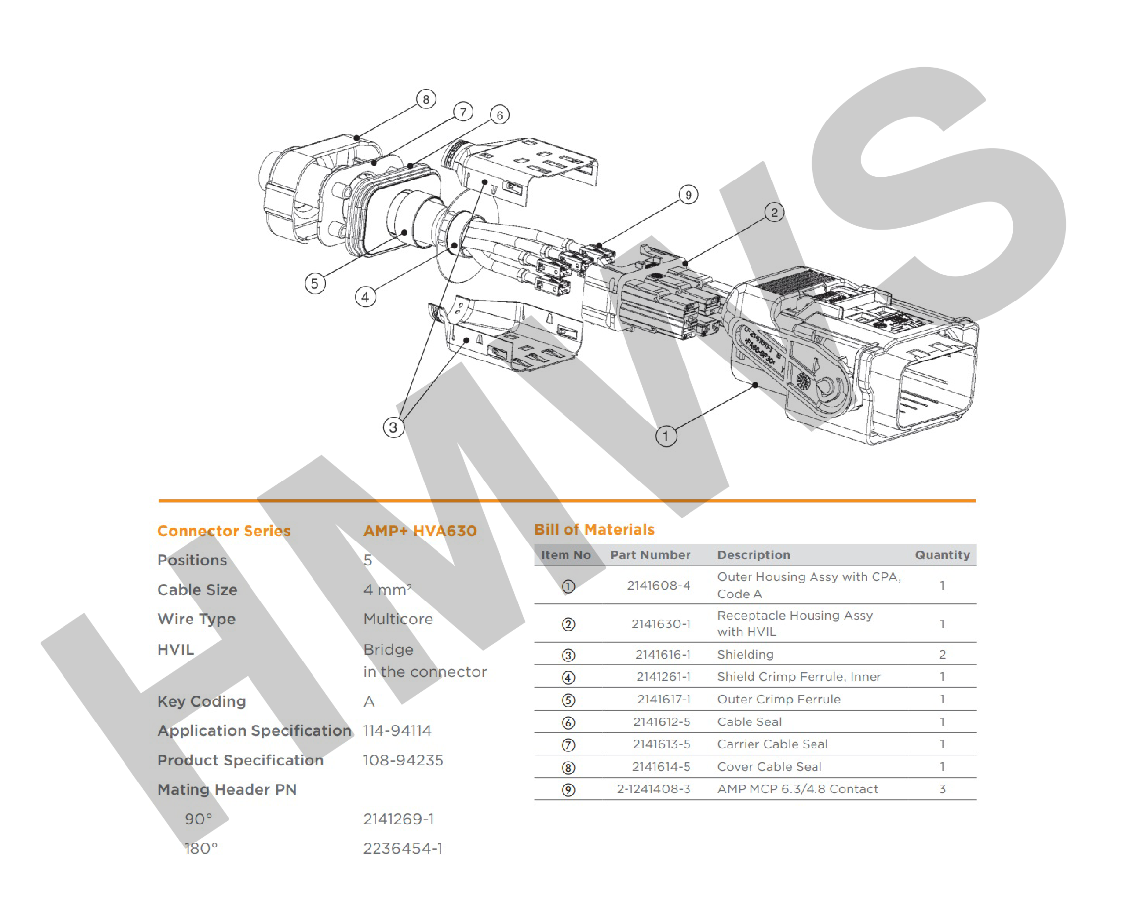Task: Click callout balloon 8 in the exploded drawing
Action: click(426, 99)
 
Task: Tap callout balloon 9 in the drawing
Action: click(689, 195)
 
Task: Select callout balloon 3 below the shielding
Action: click(394, 427)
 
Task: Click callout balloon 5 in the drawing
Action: click(314, 284)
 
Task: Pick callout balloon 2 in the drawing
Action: click(774, 212)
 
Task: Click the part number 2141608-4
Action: click(659, 585)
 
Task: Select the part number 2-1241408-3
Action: click(653, 789)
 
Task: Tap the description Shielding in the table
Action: click(746, 654)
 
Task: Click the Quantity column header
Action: click(942, 555)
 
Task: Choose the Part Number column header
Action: click(650, 555)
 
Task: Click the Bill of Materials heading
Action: click(594, 530)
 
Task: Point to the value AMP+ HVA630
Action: click(420, 531)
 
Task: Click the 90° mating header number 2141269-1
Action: click(398, 819)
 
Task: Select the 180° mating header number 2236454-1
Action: click(402, 849)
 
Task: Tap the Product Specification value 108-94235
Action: click(403, 760)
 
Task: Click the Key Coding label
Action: click(201, 701)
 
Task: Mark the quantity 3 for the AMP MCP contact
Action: click(942, 789)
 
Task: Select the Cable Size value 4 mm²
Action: click(387, 590)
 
